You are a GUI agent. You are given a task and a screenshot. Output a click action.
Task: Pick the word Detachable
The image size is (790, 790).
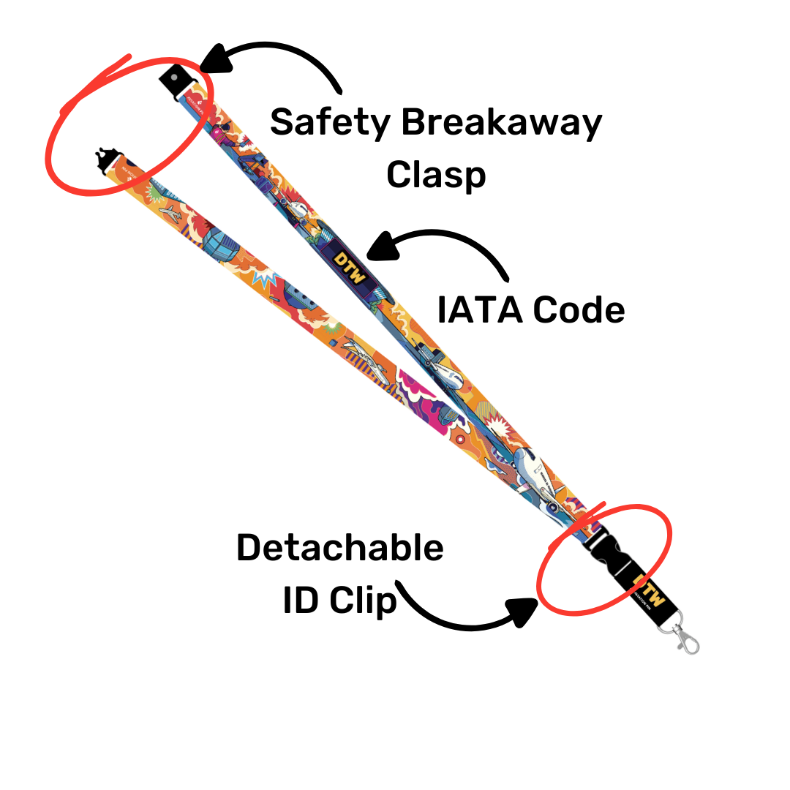pos(339,548)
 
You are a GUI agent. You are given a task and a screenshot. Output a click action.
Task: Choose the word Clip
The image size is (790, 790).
pos(363,601)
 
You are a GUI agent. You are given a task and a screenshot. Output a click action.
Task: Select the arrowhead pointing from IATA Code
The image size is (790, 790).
pos(383,247)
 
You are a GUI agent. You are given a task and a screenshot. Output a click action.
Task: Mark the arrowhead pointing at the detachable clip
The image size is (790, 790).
pos(524,612)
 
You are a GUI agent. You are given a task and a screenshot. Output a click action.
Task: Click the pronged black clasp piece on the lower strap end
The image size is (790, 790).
pos(108,159)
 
